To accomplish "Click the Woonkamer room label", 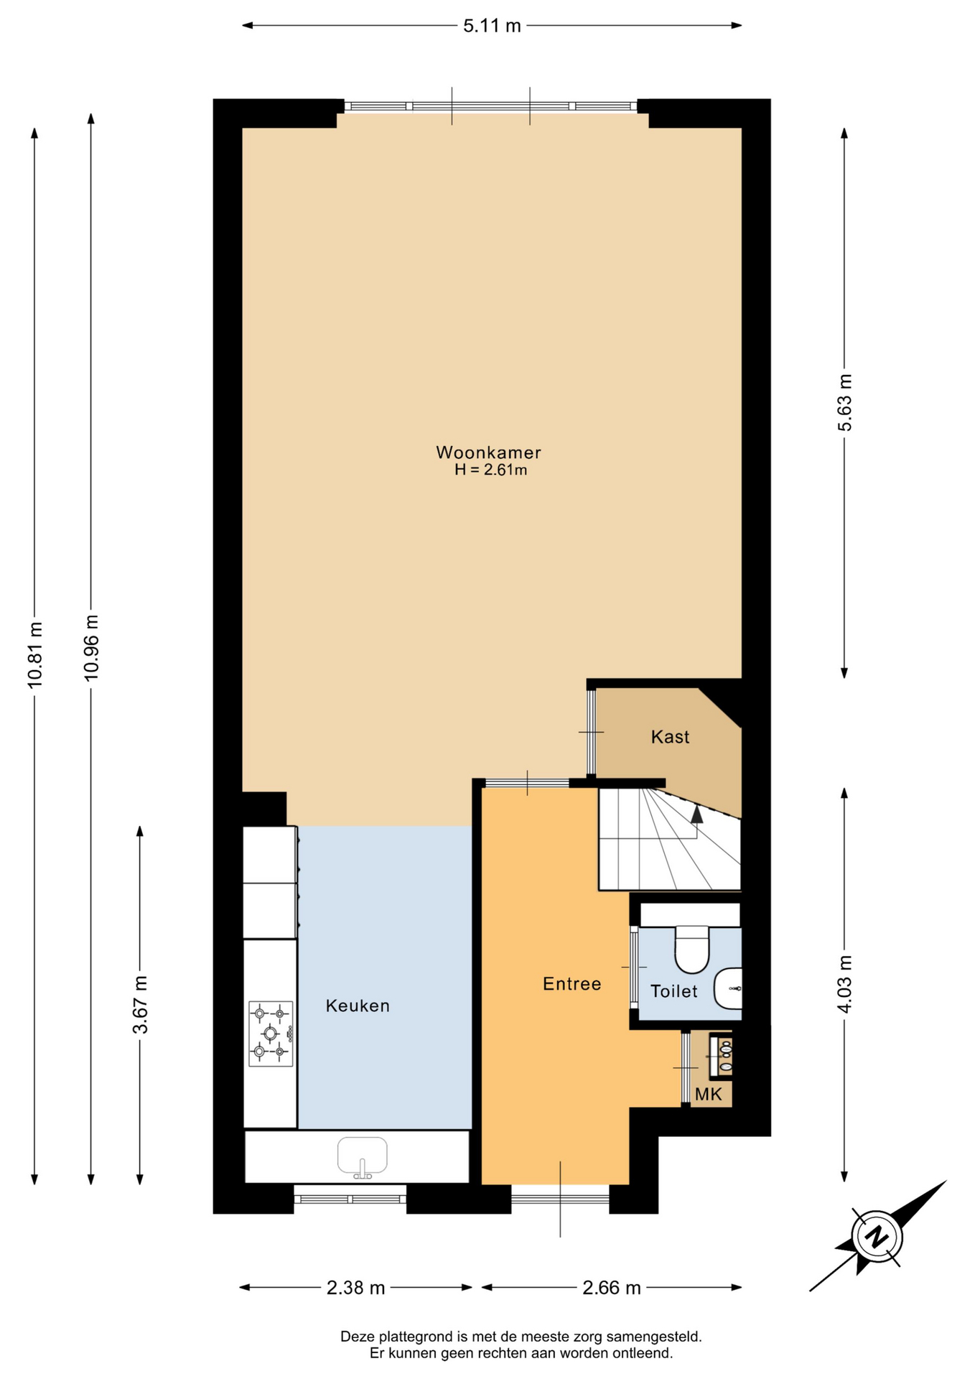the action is click(x=488, y=452).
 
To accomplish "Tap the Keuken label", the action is click(x=358, y=1006).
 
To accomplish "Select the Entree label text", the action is click(x=572, y=984).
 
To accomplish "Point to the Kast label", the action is click(x=670, y=737).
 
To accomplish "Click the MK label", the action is click(x=709, y=1095).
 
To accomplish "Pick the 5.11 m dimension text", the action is click(x=492, y=26).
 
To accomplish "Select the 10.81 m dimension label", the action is click(x=35, y=655).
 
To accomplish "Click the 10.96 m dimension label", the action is click(x=91, y=648).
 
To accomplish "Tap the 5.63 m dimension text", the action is click(x=844, y=402).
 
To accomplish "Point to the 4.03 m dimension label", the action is click(x=844, y=984).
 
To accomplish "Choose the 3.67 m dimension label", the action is click(x=140, y=1005).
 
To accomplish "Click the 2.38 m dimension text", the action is click(x=355, y=1288).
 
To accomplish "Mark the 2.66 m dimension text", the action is click(x=611, y=1288).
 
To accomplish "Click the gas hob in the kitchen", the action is click(x=271, y=1034).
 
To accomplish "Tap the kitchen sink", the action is click(x=363, y=1157).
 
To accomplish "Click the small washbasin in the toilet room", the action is click(x=728, y=988).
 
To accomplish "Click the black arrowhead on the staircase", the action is click(x=696, y=813).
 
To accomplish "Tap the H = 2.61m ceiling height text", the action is click(x=490, y=470).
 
